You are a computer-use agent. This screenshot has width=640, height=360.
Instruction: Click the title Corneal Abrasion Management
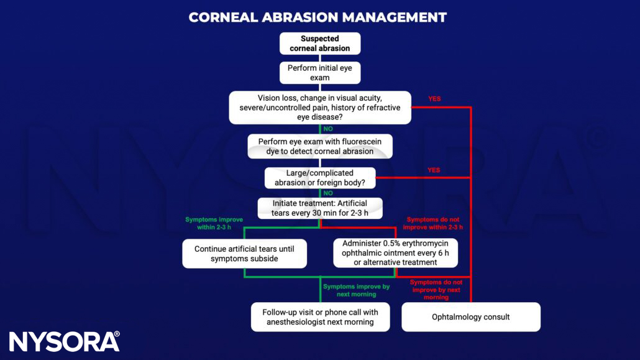click(318, 17)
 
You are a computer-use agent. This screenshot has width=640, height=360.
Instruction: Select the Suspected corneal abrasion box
click(319, 44)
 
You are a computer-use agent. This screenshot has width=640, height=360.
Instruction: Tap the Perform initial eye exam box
click(319, 73)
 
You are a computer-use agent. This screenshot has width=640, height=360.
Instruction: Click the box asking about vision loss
click(320, 108)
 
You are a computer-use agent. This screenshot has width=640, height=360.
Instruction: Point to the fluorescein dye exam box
click(320, 146)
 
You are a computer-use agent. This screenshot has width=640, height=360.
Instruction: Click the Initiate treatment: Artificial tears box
click(320, 208)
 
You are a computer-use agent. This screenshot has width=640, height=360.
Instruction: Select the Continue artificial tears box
click(244, 253)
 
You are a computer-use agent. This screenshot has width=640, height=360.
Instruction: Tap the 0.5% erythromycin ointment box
click(395, 253)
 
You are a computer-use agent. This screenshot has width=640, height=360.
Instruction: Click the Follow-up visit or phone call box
click(320, 316)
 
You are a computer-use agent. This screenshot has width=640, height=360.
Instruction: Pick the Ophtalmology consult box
click(470, 317)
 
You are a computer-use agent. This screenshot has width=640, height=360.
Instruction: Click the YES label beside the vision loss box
click(434, 99)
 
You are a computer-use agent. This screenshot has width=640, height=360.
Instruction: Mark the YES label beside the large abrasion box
click(434, 170)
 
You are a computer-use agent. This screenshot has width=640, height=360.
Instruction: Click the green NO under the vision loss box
click(328, 129)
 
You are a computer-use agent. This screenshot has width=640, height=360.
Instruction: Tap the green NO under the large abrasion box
click(328, 193)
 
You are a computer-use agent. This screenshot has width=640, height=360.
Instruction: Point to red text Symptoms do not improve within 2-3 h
click(434, 223)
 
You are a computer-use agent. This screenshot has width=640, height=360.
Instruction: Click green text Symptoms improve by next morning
click(356, 290)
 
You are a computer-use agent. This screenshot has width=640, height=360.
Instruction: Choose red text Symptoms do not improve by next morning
click(436, 290)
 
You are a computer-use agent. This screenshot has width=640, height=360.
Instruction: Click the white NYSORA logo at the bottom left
click(65, 341)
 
